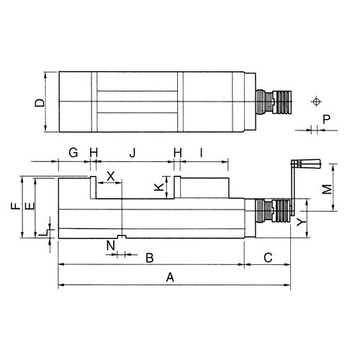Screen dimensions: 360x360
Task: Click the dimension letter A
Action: click(170, 277)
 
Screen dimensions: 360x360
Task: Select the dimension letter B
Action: click(150, 258)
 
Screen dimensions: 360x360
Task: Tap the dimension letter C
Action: click(268, 258)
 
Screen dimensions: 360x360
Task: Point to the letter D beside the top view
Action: click(40, 103)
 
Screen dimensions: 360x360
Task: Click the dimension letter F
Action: click(16, 206)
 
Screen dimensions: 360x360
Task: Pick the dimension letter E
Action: click(30, 206)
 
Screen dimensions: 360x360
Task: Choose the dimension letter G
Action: click(73, 153)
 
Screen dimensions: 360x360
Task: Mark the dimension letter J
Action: click(132, 153)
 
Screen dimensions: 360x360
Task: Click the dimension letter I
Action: click(202, 153)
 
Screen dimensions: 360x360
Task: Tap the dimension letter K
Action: click(158, 187)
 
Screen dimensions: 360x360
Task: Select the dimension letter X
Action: click(111, 176)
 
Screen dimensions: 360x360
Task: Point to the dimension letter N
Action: click(111, 246)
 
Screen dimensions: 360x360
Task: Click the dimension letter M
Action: click(327, 189)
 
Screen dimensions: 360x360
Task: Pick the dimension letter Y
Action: click(301, 222)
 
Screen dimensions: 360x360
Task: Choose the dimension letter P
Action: click(327, 120)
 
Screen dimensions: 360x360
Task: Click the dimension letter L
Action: click(42, 233)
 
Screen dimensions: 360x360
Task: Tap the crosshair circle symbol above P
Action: click(316, 102)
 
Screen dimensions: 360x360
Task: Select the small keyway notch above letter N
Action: click(122, 237)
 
